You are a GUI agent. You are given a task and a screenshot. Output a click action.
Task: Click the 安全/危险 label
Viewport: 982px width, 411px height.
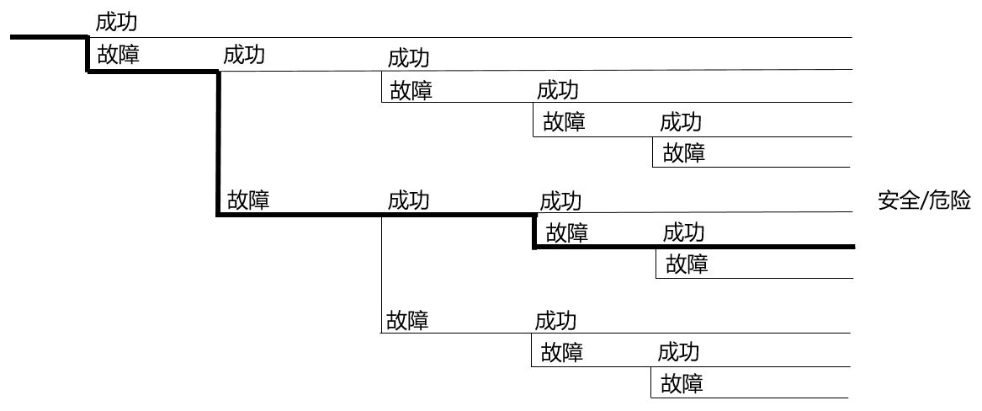pyautogui.click(x=925, y=201)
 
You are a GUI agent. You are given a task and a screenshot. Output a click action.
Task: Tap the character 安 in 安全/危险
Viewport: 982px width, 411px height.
pyautogui.click(x=888, y=201)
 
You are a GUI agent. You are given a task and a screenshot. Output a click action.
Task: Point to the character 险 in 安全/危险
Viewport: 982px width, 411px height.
pyautogui.click(x=961, y=201)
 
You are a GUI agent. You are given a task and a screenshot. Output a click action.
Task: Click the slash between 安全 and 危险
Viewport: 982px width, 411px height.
pyautogui.click(x=925, y=201)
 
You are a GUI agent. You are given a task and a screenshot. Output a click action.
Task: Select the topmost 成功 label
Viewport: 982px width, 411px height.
pyautogui.click(x=116, y=22)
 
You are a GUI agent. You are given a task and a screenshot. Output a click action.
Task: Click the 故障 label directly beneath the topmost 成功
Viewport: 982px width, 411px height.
pyautogui.click(x=119, y=55)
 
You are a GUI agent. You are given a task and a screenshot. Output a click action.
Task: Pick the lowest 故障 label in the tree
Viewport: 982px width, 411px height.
pyautogui.click(x=682, y=382)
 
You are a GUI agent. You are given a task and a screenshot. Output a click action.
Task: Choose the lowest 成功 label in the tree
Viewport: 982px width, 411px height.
pyautogui.click(x=678, y=352)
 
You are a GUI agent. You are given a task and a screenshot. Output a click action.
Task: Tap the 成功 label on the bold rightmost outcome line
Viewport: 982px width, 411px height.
pyautogui.click(x=684, y=233)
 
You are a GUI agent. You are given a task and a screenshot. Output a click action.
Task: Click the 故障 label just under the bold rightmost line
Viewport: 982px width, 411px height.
pyautogui.click(x=687, y=264)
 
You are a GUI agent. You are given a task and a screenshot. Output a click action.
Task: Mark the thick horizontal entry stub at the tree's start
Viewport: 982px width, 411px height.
pyautogui.click(x=48, y=37)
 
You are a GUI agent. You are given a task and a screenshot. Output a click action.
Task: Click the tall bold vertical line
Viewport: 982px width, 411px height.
pyautogui.click(x=219, y=143)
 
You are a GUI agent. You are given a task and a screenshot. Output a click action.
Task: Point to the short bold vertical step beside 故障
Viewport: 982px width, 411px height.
pyautogui.click(x=535, y=232)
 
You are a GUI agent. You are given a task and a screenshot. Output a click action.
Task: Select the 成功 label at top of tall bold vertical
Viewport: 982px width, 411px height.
pyautogui.click(x=244, y=55)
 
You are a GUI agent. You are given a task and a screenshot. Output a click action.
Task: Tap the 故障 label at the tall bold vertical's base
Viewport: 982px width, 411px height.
pyautogui.click(x=248, y=200)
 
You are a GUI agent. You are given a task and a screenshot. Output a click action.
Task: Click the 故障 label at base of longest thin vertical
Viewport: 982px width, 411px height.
pyautogui.click(x=408, y=320)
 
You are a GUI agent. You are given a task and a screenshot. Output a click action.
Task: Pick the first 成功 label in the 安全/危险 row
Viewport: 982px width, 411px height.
pyautogui.click(x=409, y=200)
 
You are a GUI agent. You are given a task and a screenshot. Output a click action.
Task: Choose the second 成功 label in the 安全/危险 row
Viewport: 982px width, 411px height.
pyautogui.click(x=561, y=202)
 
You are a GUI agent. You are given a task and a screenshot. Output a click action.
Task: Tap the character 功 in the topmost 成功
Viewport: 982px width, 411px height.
pyautogui.click(x=127, y=22)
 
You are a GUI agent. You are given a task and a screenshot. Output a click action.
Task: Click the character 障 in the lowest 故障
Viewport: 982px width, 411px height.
pyautogui.click(x=693, y=382)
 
